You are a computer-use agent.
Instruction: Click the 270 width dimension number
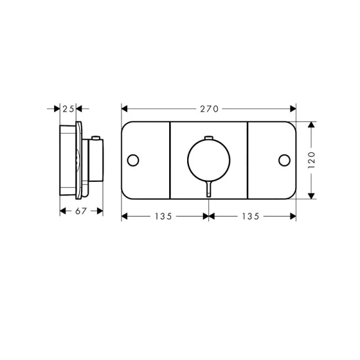pos(209,109)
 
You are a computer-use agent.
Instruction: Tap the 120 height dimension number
pos(311,160)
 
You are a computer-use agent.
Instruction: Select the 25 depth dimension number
pos(68,109)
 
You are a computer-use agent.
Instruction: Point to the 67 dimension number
pos(81,211)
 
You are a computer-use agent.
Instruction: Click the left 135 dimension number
pos(163,216)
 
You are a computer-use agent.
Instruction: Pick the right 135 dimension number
pos(250,216)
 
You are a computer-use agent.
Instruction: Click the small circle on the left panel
pos(133,160)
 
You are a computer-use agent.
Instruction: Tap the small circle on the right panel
pos(284,160)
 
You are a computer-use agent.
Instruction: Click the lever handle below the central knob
pos(209,189)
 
